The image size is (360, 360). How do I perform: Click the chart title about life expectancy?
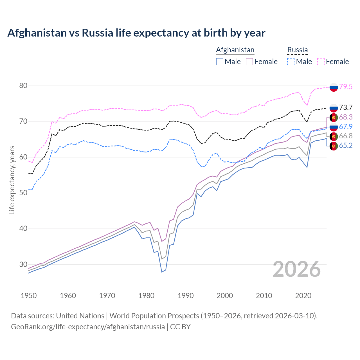point(136,33)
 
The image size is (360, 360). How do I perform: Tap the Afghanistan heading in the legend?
point(235,50)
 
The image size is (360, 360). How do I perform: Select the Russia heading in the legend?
point(297,50)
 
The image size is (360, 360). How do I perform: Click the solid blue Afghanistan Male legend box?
point(220,62)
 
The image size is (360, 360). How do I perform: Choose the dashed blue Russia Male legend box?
point(291,62)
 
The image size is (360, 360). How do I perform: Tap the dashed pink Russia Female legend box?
point(321,62)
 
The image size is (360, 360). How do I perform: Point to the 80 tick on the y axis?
point(23,85)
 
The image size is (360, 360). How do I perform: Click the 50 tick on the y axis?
point(23,193)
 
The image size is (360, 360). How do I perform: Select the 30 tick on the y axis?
point(23,264)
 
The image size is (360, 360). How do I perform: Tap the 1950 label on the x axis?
point(29,296)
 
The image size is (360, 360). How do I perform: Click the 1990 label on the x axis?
point(186,296)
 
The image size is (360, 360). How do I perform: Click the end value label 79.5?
point(346,87)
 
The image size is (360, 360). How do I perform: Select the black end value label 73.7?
point(346,107)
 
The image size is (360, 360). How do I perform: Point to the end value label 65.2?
point(346,145)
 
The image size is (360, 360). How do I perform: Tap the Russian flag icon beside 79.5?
point(334,87)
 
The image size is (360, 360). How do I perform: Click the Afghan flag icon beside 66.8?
point(334,136)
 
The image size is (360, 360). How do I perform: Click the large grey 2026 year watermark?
point(297,269)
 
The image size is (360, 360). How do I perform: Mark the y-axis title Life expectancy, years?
point(12,180)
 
